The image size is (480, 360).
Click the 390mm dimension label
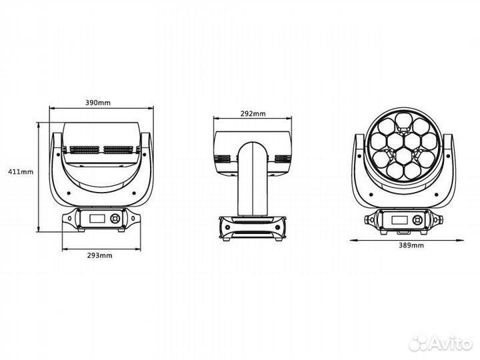tap(99, 103)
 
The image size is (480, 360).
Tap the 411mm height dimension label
tap(21, 171)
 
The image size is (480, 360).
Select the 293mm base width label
tap(99, 255)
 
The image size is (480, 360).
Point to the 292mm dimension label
tap(252, 114)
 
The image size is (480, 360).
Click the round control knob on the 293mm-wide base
tap(116, 219)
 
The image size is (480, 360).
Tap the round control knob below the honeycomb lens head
tap(418, 220)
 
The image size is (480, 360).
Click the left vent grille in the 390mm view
tap(81, 151)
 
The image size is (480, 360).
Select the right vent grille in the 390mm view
tap(120, 151)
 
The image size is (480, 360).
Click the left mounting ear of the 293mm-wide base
tap(69, 217)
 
